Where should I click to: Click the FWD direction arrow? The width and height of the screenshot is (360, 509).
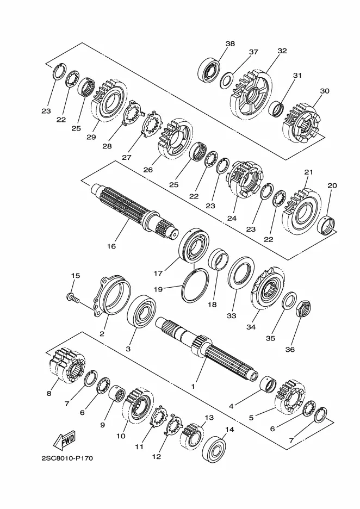tap(64, 440)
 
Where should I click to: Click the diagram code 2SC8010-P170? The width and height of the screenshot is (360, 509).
tap(67, 458)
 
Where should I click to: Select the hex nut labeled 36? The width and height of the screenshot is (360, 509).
tap(303, 308)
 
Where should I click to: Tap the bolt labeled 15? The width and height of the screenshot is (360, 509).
tap(73, 297)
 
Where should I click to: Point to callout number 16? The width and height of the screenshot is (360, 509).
tap(111, 246)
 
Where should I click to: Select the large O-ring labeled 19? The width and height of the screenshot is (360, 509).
tap(195, 285)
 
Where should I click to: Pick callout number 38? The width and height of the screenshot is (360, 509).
tap(230, 44)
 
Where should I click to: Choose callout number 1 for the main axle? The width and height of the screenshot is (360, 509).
tap(193, 387)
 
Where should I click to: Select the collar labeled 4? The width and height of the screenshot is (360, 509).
tap(269, 385)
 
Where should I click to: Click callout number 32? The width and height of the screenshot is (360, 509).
tap(282, 51)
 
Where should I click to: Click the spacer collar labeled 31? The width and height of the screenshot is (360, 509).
tap(277, 109)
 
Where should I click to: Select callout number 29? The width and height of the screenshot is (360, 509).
tap(91, 137)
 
